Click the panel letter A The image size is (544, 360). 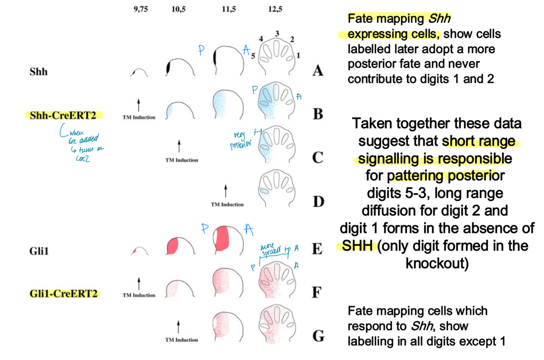(318, 72)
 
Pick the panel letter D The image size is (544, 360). (318, 201)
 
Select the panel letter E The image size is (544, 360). (318, 248)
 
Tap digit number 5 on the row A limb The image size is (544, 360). (254, 57)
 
